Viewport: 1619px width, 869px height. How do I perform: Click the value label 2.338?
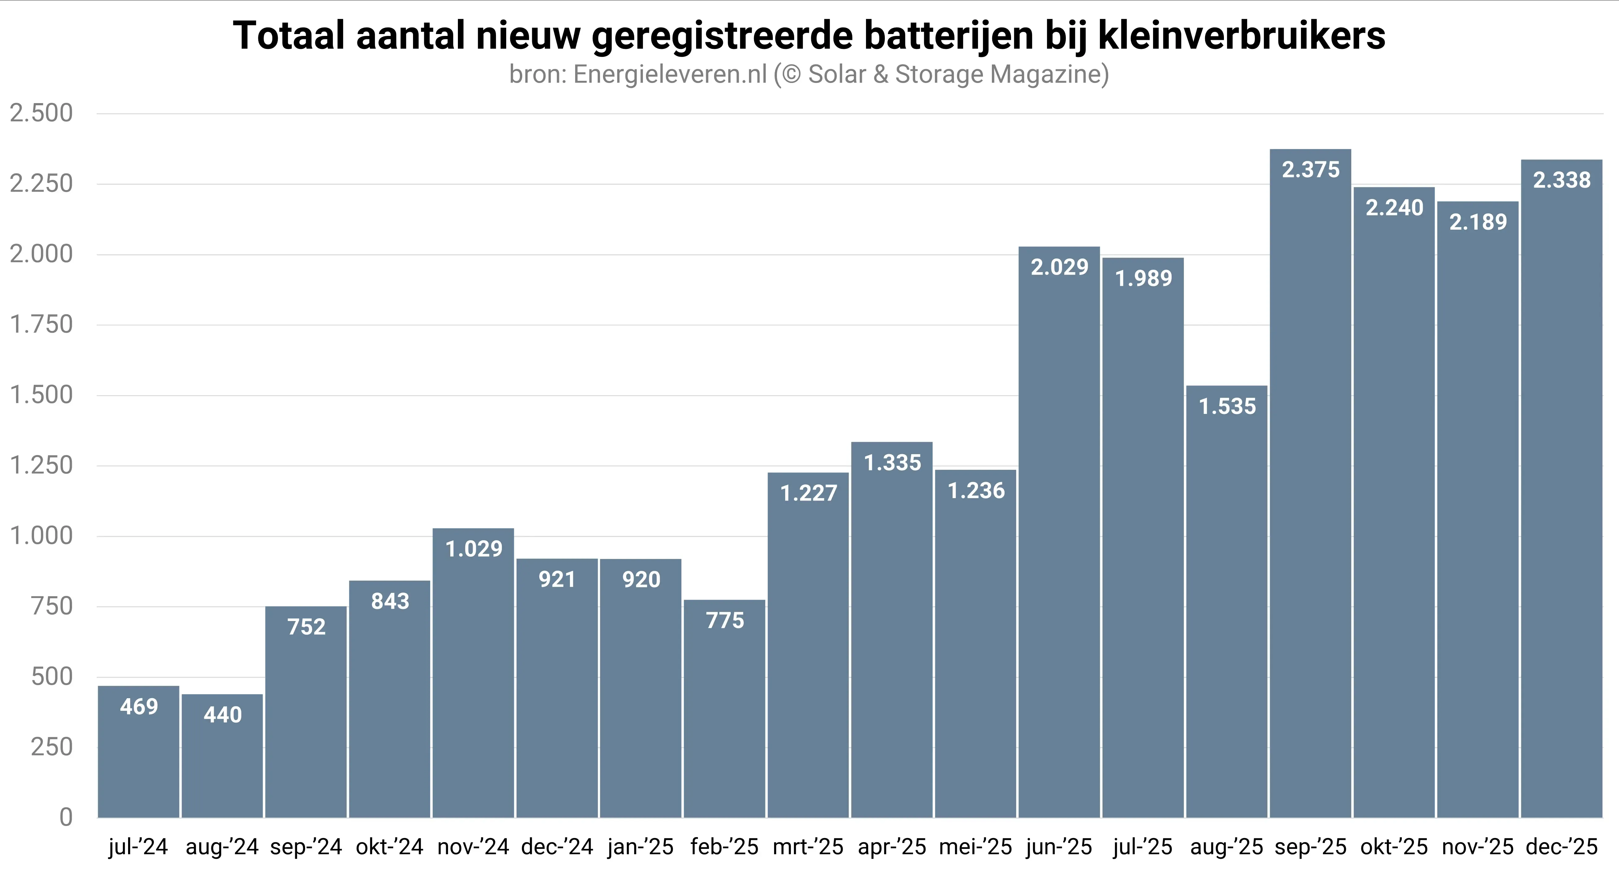click(1561, 180)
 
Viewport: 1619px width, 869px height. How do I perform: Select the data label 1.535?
click(1227, 406)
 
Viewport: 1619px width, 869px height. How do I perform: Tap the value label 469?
click(139, 707)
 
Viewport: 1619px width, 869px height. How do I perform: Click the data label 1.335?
click(892, 463)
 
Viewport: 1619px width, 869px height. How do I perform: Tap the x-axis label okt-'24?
click(390, 847)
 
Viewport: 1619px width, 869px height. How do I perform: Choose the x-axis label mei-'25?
click(975, 847)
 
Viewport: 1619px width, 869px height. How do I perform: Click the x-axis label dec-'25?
click(1561, 847)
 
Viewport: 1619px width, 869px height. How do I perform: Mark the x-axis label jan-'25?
click(640, 847)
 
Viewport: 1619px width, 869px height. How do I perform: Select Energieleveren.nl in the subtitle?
click(670, 74)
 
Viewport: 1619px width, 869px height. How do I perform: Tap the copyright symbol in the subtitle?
click(791, 74)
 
